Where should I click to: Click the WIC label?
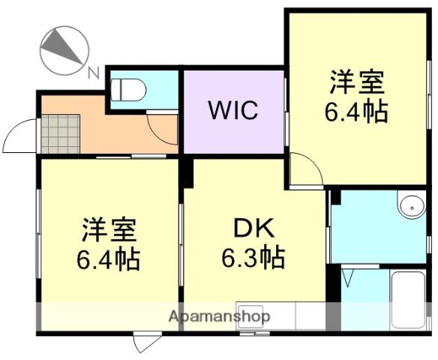tap(233, 110)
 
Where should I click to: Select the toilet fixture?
tap(127, 89)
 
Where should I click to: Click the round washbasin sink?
tap(410, 205)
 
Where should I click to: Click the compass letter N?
tap(92, 72)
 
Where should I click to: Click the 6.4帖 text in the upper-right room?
tap(355, 112)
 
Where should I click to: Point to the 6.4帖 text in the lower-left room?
tap(108, 259)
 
